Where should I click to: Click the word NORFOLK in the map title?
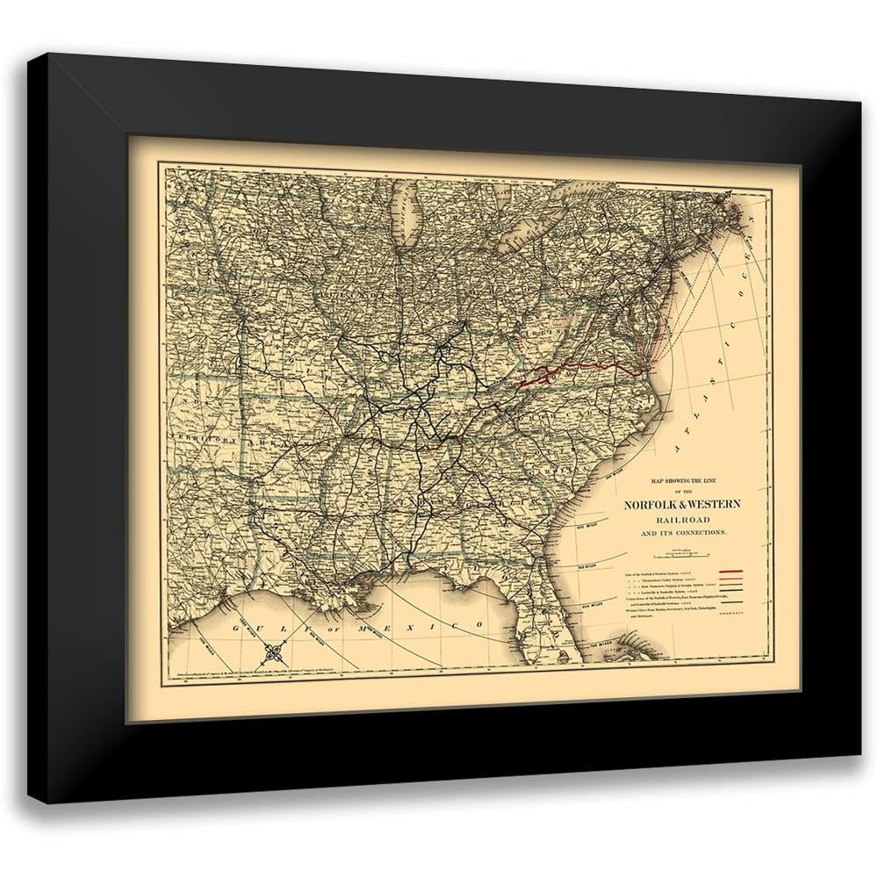(x=649, y=505)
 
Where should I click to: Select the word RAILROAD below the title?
(x=681, y=520)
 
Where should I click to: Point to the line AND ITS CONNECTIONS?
(x=681, y=534)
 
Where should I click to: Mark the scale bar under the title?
(x=680, y=553)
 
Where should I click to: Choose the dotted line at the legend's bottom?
(x=730, y=607)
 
